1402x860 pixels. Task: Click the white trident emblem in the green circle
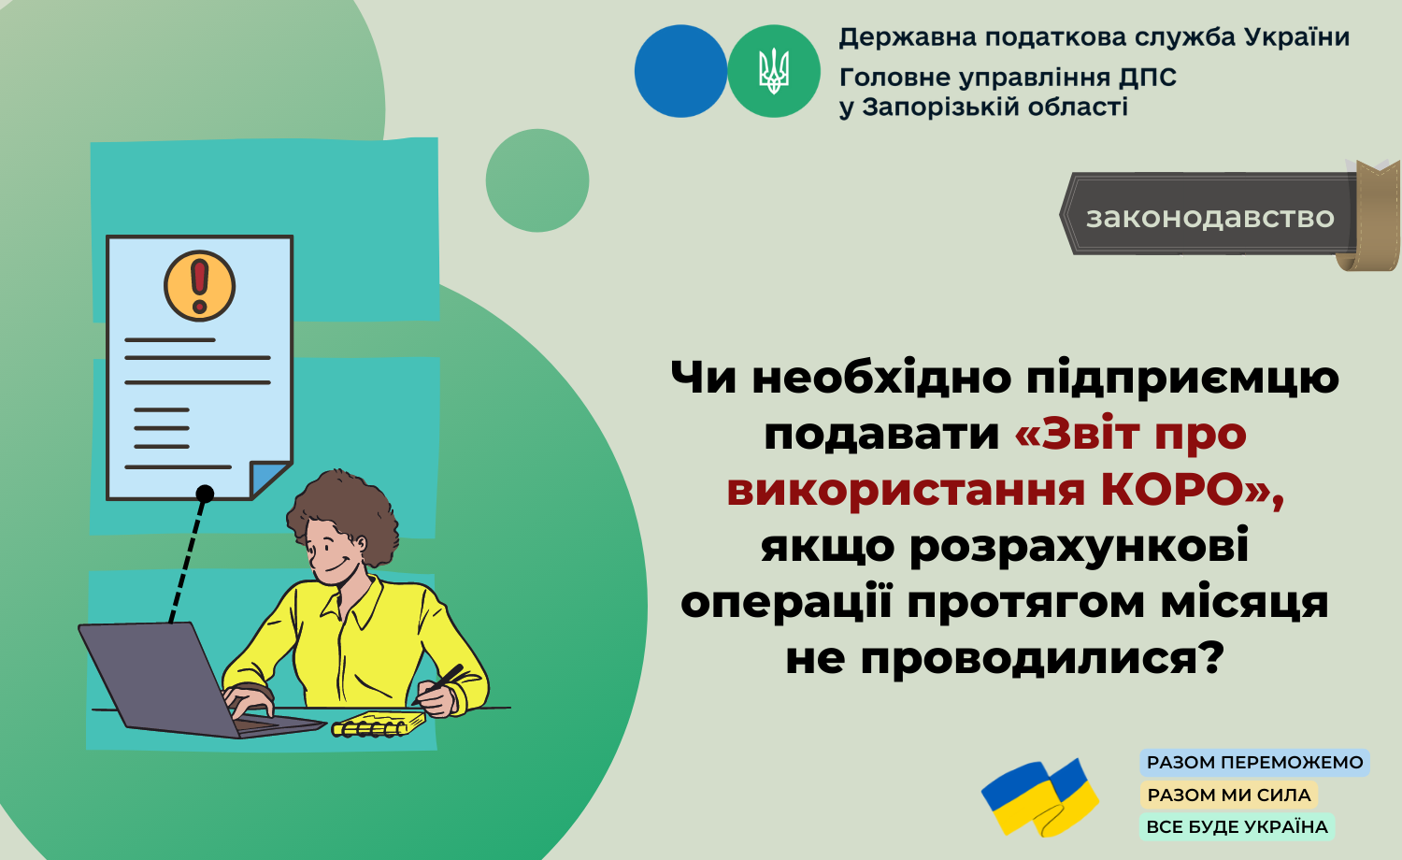[774, 71]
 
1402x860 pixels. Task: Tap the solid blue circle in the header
[681, 71]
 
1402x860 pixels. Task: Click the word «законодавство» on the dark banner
[1209, 217]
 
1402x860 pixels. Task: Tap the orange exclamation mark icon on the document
[200, 286]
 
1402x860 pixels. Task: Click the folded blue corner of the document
[268, 480]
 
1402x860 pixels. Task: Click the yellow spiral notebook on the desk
[378, 724]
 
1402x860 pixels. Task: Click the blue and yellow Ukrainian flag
[1039, 797]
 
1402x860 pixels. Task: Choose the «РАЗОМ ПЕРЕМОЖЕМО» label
[1254, 763]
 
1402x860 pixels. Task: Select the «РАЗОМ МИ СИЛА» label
[1229, 795]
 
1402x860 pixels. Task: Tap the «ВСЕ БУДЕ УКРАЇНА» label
[1237, 827]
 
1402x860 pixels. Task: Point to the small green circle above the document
[537, 180]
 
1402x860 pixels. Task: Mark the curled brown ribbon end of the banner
[1371, 216]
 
